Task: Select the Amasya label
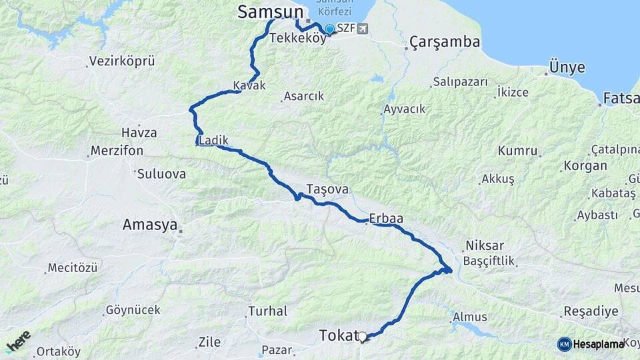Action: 149,225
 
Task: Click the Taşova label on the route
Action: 327,189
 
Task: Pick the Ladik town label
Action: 214,141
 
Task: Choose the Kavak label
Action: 249,85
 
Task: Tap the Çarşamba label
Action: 445,42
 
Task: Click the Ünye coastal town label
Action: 567,68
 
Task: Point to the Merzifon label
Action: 117,151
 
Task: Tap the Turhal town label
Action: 267,311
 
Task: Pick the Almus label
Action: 469,317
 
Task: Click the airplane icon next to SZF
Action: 362,28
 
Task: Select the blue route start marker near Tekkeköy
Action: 329,29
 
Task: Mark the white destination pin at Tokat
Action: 363,337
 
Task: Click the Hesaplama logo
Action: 591,343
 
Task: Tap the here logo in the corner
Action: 19,341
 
